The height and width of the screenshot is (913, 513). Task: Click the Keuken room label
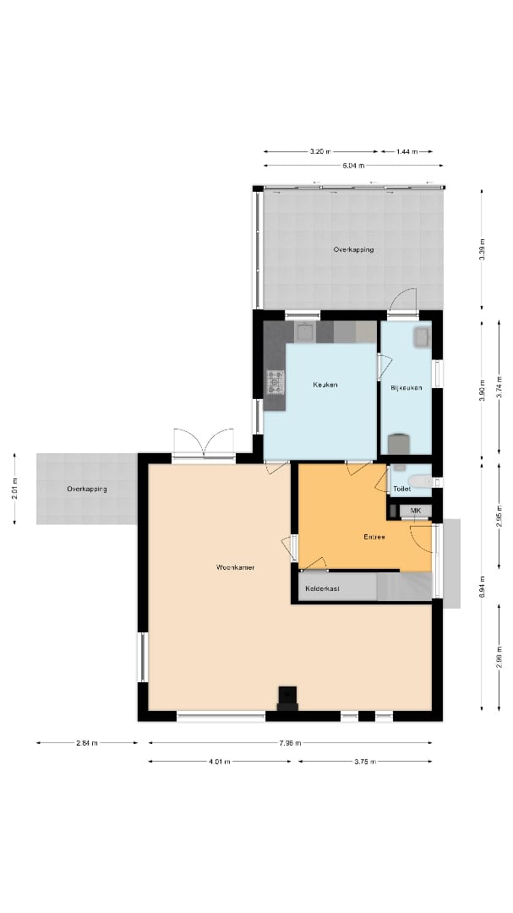pyautogui.click(x=325, y=385)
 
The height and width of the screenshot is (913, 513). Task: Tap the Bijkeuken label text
pyautogui.click(x=405, y=389)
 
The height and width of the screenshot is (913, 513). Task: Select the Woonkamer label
pyautogui.click(x=235, y=567)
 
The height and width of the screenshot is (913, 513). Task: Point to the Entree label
pyautogui.click(x=374, y=537)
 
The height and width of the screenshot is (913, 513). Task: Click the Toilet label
pyautogui.click(x=401, y=489)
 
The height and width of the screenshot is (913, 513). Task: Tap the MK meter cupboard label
pyautogui.click(x=415, y=511)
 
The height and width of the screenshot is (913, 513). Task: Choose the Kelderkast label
pyautogui.click(x=322, y=588)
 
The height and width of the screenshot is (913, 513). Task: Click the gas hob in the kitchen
pyautogui.click(x=276, y=382)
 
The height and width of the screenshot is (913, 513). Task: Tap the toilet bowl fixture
pyautogui.click(x=422, y=482)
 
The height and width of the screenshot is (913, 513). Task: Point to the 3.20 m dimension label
pyautogui.click(x=319, y=151)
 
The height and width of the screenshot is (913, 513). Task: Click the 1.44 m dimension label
pyautogui.click(x=407, y=151)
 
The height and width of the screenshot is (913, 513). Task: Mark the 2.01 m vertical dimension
pyautogui.click(x=15, y=489)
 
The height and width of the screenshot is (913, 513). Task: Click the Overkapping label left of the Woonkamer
pyautogui.click(x=86, y=489)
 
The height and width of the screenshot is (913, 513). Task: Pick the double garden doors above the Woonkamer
pyautogui.click(x=204, y=443)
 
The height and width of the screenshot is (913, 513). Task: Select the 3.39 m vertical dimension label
pyautogui.click(x=482, y=250)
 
